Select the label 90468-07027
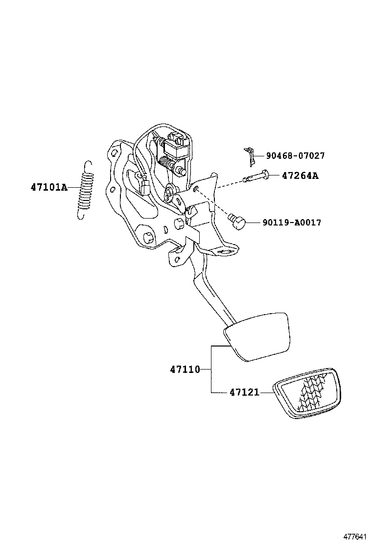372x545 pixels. pyautogui.click(x=295, y=156)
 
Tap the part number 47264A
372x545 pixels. pyautogui.click(x=300, y=175)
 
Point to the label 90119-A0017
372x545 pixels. pyautogui.click(x=292, y=223)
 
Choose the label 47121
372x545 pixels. pyautogui.click(x=244, y=393)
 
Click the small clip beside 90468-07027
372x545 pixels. pyautogui.click(x=251, y=155)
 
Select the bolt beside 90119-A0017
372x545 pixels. pyautogui.click(x=237, y=221)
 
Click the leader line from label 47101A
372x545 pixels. pyautogui.click(x=73, y=187)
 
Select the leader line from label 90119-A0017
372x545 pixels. pyautogui.click(x=254, y=223)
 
